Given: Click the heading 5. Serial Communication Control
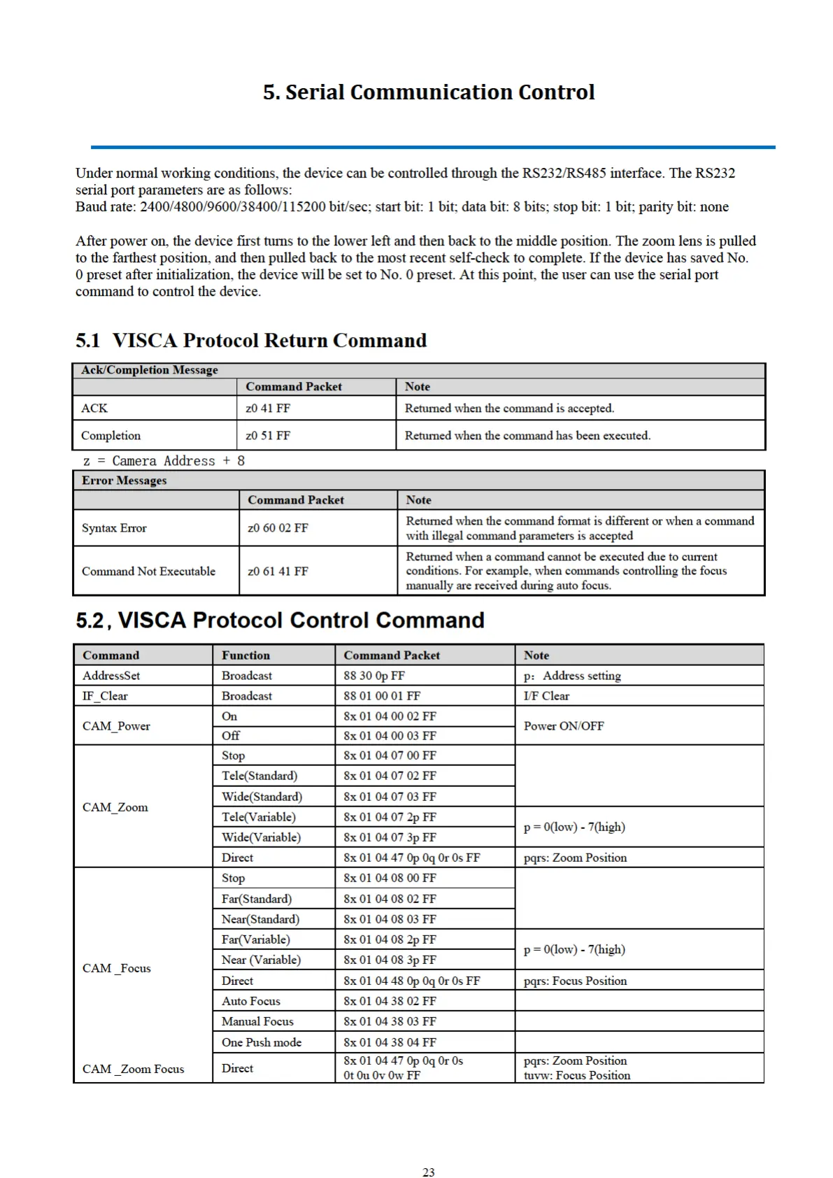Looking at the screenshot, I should [429, 92].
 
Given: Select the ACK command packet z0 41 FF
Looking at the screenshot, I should [268, 408].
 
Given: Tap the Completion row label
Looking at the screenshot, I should [111, 435].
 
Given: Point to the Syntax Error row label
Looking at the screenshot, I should [114, 528].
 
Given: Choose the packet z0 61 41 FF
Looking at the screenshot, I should [278, 572].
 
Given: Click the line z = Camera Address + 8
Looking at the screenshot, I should [164, 461].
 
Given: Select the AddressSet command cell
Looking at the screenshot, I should [111, 676].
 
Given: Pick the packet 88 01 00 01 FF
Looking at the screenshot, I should [382, 696].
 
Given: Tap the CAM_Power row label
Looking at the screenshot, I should [116, 726].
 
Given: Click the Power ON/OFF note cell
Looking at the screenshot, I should [564, 726].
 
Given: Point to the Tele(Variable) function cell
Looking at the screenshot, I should [259, 817].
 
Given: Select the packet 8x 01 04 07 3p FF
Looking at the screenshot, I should [390, 837].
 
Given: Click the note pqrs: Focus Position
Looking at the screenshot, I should [575, 981].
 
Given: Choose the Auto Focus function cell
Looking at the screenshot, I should [251, 1001].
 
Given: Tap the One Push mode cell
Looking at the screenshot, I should [262, 1042].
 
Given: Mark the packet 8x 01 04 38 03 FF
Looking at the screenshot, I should [390, 1021].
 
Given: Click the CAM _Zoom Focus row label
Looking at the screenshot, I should [134, 1069].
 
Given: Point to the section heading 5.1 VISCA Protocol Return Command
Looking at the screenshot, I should [251, 341].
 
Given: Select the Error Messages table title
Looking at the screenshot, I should [124, 481].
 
